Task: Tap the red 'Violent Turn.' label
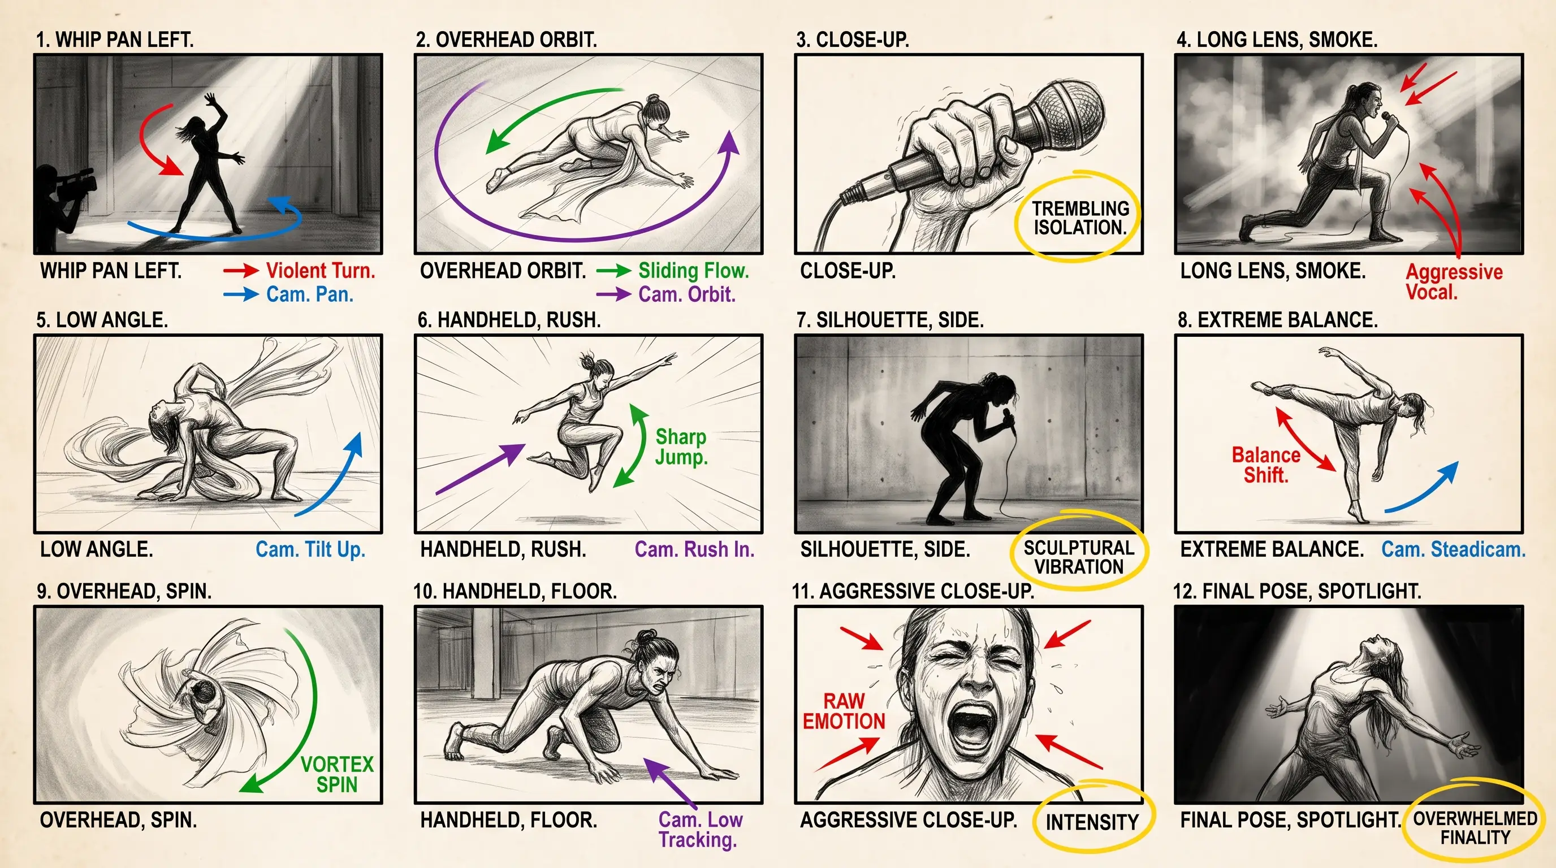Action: [x=321, y=271]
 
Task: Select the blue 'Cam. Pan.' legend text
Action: [x=310, y=294]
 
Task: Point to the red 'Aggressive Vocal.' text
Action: [x=1454, y=282]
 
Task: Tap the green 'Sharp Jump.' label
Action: [x=681, y=446]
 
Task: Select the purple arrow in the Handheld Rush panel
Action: [x=480, y=468]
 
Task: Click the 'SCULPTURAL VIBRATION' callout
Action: [x=1079, y=557]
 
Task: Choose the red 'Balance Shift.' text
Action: [x=1265, y=465]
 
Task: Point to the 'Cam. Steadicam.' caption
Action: [x=1453, y=549]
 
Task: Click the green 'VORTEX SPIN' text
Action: [x=337, y=774]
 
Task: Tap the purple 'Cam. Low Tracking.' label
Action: [x=700, y=830]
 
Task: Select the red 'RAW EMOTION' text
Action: [x=844, y=711]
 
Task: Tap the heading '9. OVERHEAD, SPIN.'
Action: [x=124, y=591]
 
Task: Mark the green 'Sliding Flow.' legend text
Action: [x=693, y=271]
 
